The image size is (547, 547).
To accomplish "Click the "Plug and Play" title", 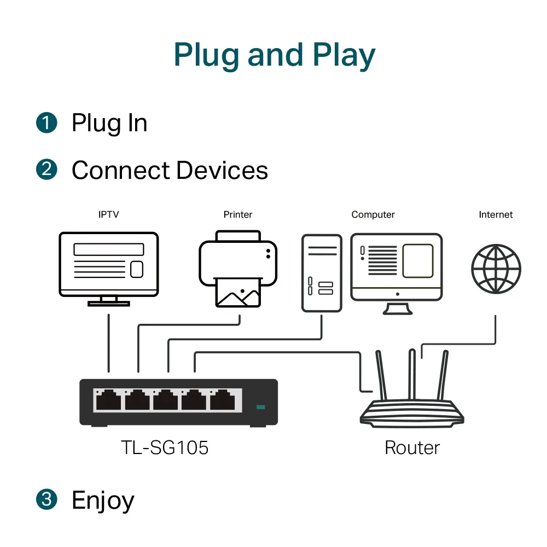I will coord(274,55).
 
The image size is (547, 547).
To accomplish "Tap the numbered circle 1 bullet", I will coord(46,123).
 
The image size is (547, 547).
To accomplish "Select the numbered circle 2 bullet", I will coord(46,170).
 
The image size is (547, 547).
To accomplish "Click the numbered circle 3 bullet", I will coord(46,499).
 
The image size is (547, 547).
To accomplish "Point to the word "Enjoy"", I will coord(103,501).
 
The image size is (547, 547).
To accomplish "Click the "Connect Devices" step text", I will coord(170,170).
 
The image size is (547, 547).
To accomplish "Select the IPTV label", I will coord(108,214).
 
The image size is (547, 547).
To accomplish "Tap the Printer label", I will coord(238,214).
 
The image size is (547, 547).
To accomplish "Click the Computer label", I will coord(373,214).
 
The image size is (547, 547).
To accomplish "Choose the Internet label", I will coord(496,214).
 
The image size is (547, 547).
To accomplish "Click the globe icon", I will coord(496,269).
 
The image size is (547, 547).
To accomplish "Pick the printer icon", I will coord(238,268).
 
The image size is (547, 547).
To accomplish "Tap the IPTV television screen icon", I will coord(108,265).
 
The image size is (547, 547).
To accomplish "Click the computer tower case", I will coord(322,273).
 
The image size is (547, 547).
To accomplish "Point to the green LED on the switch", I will coord(260,407).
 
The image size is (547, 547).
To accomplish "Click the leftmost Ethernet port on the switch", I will coord(108,400).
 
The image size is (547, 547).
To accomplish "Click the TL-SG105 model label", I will coord(165,448).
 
